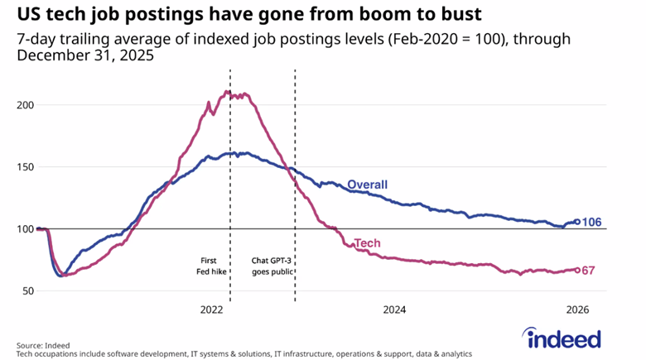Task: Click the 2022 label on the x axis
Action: [212, 310]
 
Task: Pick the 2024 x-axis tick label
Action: [394, 310]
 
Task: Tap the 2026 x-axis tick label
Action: [576, 310]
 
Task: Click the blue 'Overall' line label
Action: [367, 184]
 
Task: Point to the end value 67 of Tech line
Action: [588, 271]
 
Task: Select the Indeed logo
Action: [563, 338]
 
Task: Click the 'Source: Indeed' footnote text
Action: [43, 345]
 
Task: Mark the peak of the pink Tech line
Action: [228, 92]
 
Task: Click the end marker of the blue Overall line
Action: [576, 222]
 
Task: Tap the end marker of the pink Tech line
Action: [576, 270]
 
